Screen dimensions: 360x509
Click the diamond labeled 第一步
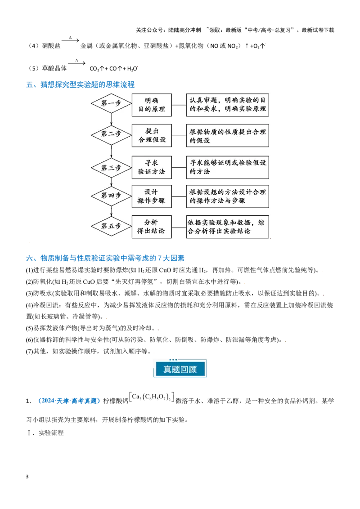[112, 103]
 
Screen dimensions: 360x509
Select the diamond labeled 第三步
[112, 168]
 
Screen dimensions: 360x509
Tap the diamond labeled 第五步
[112, 226]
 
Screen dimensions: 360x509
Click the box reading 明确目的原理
[152, 105]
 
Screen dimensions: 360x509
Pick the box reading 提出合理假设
[152, 135]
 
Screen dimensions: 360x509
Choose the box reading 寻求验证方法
[152, 167]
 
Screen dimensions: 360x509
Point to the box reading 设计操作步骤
[152, 196]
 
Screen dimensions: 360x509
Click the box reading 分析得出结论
[152, 227]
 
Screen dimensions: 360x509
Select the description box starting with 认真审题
[227, 105]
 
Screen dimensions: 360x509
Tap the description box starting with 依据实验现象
[227, 227]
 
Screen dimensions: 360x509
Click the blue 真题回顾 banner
[180, 369]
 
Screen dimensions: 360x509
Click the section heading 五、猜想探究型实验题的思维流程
[80, 85]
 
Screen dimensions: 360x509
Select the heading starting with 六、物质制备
[105, 258]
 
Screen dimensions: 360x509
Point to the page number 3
[27, 477]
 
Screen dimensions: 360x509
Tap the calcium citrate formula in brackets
[152, 397]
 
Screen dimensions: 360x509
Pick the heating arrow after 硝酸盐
[70, 40]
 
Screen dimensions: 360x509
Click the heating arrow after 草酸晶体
[76, 63]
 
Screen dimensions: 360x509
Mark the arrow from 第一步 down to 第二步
[112, 119]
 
